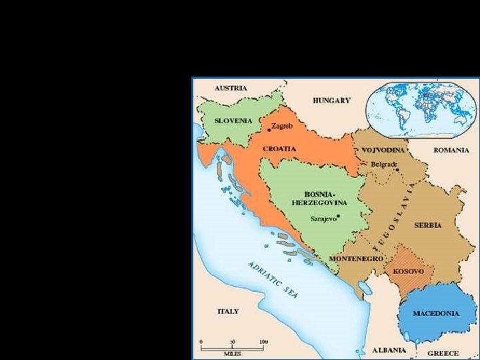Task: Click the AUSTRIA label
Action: [231, 88]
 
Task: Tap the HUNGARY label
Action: [331, 101]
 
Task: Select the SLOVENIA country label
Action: [233, 121]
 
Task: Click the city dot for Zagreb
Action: [269, 127]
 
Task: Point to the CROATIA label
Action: [279, 149]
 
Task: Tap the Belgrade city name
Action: [385, 163]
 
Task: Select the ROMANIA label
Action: [451, 150]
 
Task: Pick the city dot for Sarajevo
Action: [339, 216]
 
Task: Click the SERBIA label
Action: [427, 225]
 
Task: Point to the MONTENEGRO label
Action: [356, 259]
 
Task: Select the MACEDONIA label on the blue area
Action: [435, 313]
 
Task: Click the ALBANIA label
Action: [389, 350]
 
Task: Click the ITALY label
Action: [228, 311]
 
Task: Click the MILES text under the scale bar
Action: [233, 353]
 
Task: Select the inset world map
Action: [423, 107]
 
